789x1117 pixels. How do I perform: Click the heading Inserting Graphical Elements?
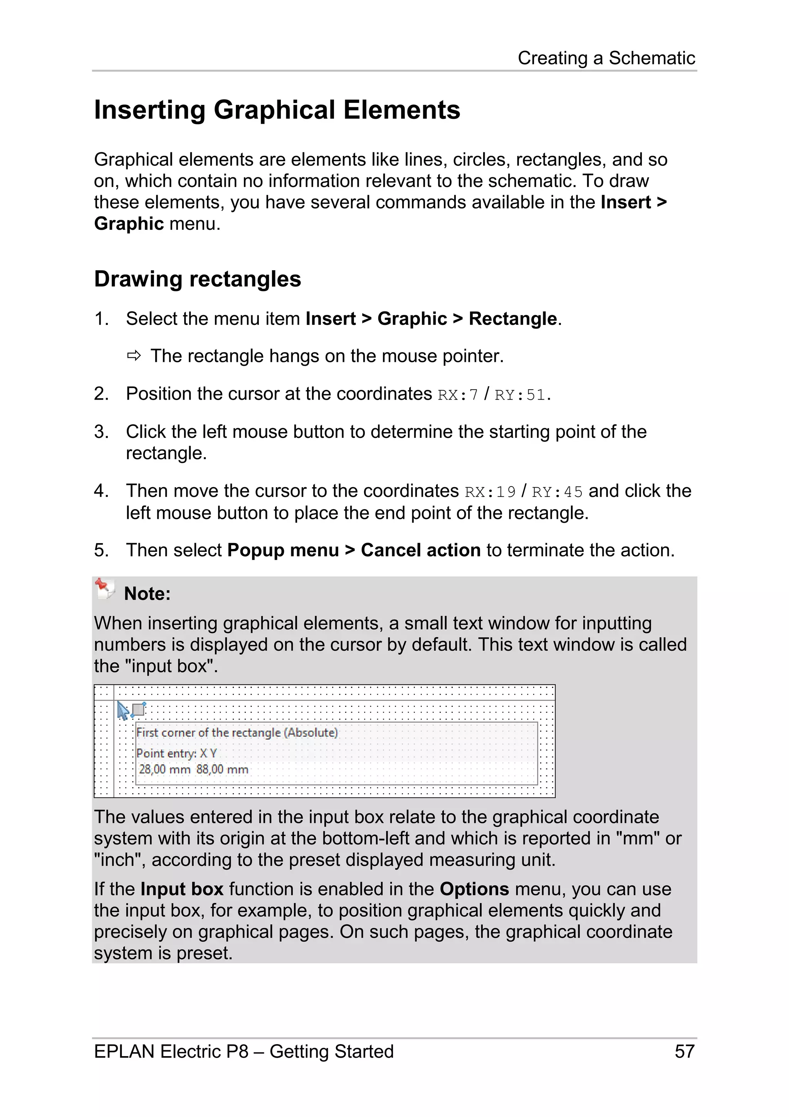[x=277, y=110]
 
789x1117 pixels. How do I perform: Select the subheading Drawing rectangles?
[x=197, y=279]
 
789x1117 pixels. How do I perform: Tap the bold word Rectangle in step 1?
[x=512, y=319]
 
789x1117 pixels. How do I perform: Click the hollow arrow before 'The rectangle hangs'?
[x=134, y=356]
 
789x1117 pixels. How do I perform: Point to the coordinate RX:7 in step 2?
[x=457, y=395]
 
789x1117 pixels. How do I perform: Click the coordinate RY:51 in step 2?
[x=520, y=395]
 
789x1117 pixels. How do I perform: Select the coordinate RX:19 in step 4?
[x=490, y=492]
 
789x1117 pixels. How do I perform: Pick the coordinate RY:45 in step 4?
[x=557, y=492]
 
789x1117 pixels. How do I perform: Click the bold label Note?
[x=147, y=594]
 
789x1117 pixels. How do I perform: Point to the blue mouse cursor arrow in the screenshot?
[x=123, y=711]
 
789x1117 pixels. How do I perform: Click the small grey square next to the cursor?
[x=139, y=709]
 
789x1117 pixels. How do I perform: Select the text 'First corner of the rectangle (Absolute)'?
[x=237, y=733]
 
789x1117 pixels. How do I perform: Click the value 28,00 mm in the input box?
[x=165, y=769]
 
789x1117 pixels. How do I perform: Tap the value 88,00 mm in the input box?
[x=222, y=769]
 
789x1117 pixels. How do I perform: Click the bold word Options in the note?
[x=474, y=889]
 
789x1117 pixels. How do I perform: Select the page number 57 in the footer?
[x=684, y=1051]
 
